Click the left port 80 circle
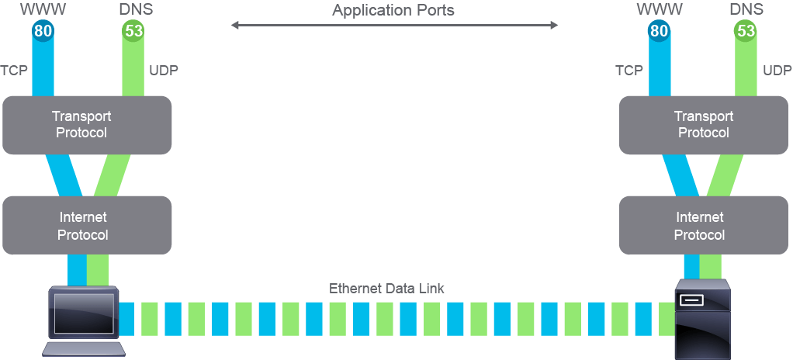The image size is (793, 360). [x=43, y=31]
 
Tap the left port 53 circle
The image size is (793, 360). [x=133, y=31]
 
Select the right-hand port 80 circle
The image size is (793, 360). [x=659, y=31]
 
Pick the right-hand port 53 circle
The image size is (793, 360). [x=746, y=31]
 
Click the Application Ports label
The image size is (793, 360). [x=393, y=10]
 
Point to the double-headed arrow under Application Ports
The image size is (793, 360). [x=394, y=25]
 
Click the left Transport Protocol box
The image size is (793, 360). [x=87, y=126]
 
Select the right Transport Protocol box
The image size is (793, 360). [x=704, y=126]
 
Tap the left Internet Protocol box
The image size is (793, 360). [x=87, y=226]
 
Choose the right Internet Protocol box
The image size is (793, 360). [x=704, y=226]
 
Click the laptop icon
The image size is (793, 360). [x=84, y=321]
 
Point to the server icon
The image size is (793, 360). [x=703, y=319]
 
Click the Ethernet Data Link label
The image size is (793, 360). [x=386, y=289]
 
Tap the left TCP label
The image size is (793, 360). [x=14, y=71]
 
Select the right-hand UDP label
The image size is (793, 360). [x=777, y=71]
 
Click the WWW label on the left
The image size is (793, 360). [x=43, y=9]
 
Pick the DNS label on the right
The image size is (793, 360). [x=746, y=9]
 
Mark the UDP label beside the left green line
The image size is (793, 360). [x=164, y=71]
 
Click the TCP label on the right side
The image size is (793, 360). [x=629, y=71]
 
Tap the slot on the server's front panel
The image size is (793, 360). [x=691, y=300]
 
